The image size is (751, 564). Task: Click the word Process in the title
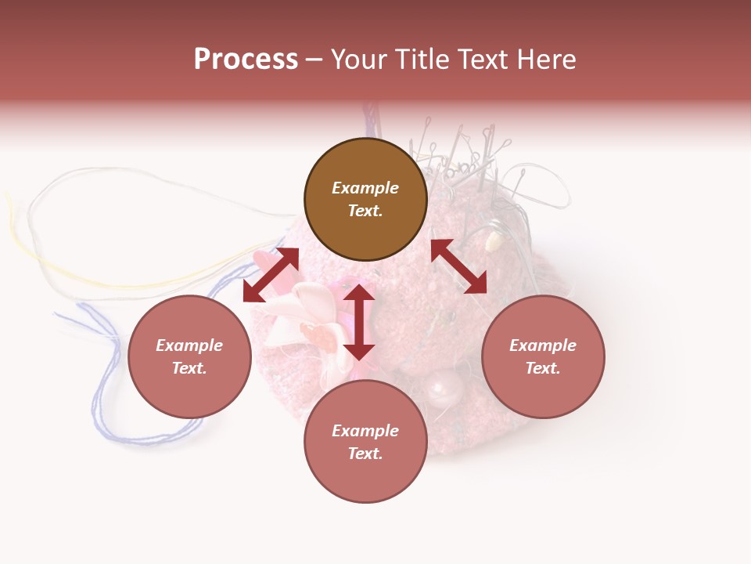pos(246,60)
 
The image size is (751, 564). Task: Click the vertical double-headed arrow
pos(359,323)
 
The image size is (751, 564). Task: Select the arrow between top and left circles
pos(271,275)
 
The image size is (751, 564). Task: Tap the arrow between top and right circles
pos(459,266)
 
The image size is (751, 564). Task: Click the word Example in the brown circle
pos(365,188)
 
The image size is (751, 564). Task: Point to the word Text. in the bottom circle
pos(365,454)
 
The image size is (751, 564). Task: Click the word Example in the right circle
pos(543,345)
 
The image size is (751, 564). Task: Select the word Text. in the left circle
pos(189,368)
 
